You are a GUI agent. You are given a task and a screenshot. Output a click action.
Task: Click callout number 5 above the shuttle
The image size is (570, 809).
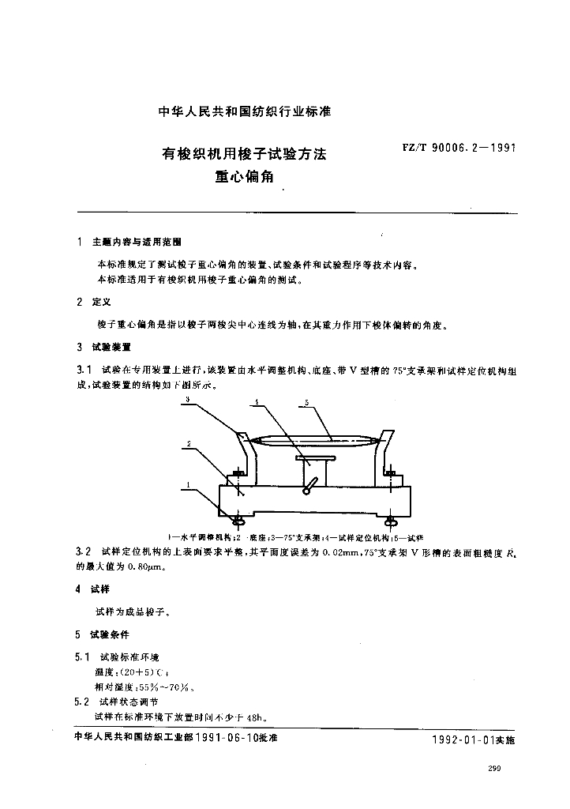click(305, 402)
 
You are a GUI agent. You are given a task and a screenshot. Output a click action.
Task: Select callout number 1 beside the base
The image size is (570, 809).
click(188, 483)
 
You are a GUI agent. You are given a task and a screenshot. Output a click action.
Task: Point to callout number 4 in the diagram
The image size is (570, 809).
click(257, 402)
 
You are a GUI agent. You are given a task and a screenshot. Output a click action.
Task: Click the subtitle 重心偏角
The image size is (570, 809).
click(243, 176)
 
